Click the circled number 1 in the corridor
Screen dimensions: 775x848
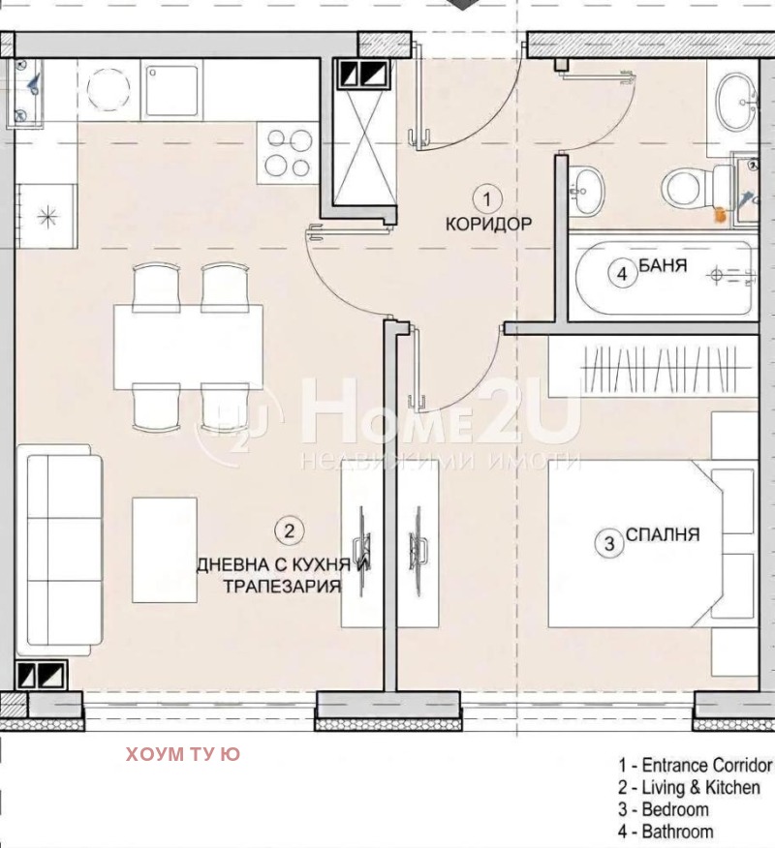tap(486, 199)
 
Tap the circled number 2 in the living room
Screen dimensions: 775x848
tap(289, 530)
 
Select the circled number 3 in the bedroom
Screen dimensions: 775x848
tap(609, 543)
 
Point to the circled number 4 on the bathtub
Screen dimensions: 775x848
tap(622, 274)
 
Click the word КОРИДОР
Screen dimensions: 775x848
tap(488, 224)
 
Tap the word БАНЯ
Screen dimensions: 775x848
tap(663, 265)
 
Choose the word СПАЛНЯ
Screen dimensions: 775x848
tap(663, 534)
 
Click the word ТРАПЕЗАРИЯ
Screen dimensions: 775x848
tap(283, 586)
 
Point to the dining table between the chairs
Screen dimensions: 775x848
tap(188, 347)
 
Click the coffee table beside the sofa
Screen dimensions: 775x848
tap(165, 550)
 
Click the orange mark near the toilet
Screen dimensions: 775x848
tap(721, 215)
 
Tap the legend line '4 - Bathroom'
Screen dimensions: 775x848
tap(666, 831)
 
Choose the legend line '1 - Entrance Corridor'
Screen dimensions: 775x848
tap(696, 766)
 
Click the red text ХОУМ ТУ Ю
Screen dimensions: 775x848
tap(183, 753)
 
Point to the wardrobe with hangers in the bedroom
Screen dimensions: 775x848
tap(653, 366)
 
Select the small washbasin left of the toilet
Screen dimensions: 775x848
tap(586, 190)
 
